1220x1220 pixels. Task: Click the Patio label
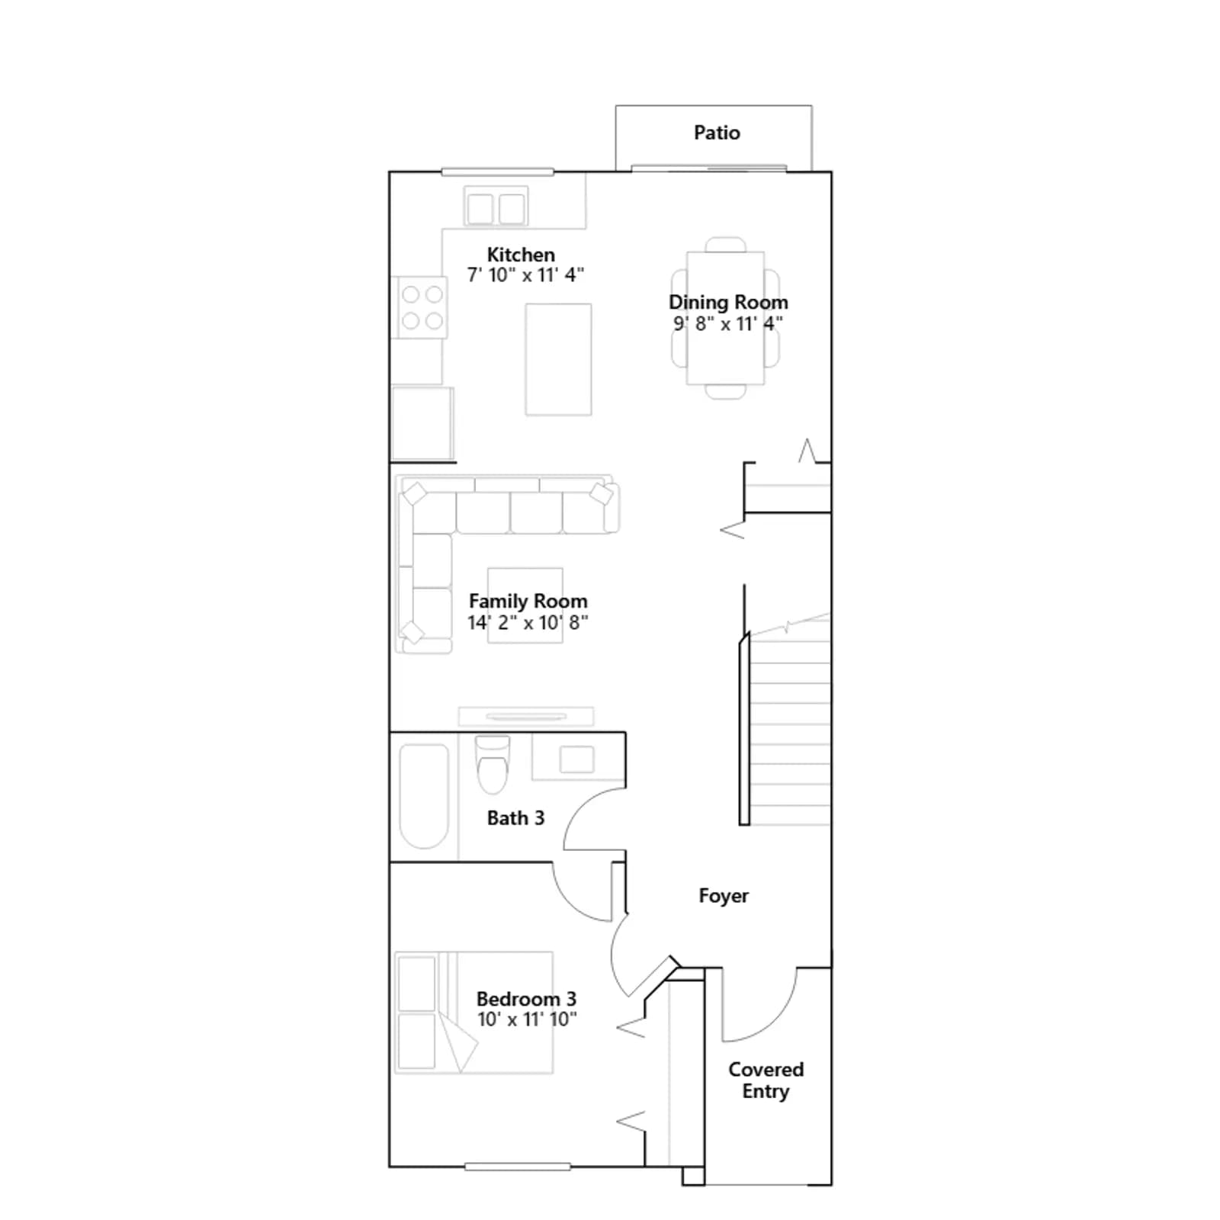point(717,133)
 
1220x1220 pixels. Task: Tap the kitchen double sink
point(496,207)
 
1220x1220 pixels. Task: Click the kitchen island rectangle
point(558,359)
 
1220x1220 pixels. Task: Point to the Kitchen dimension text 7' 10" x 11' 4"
point(525,275)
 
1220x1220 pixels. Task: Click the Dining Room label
point(728,303)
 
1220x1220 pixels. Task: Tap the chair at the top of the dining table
point(726,245)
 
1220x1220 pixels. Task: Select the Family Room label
point(528,602)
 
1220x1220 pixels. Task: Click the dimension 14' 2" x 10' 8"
point(528,623)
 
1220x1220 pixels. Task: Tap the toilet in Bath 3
point(493,765)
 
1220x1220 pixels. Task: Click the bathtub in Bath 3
point(424,796)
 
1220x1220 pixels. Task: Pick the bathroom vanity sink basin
point(576,759)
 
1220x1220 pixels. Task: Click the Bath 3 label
point(515,818)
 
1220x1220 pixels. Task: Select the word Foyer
point(724,896)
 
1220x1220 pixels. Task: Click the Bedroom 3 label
point(526,999)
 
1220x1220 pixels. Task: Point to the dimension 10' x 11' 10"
point(527,1019)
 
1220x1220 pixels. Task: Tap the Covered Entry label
point(766,1080)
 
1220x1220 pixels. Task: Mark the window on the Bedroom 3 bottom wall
point(518,1167)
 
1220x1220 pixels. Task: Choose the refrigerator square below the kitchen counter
point(422,424)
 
